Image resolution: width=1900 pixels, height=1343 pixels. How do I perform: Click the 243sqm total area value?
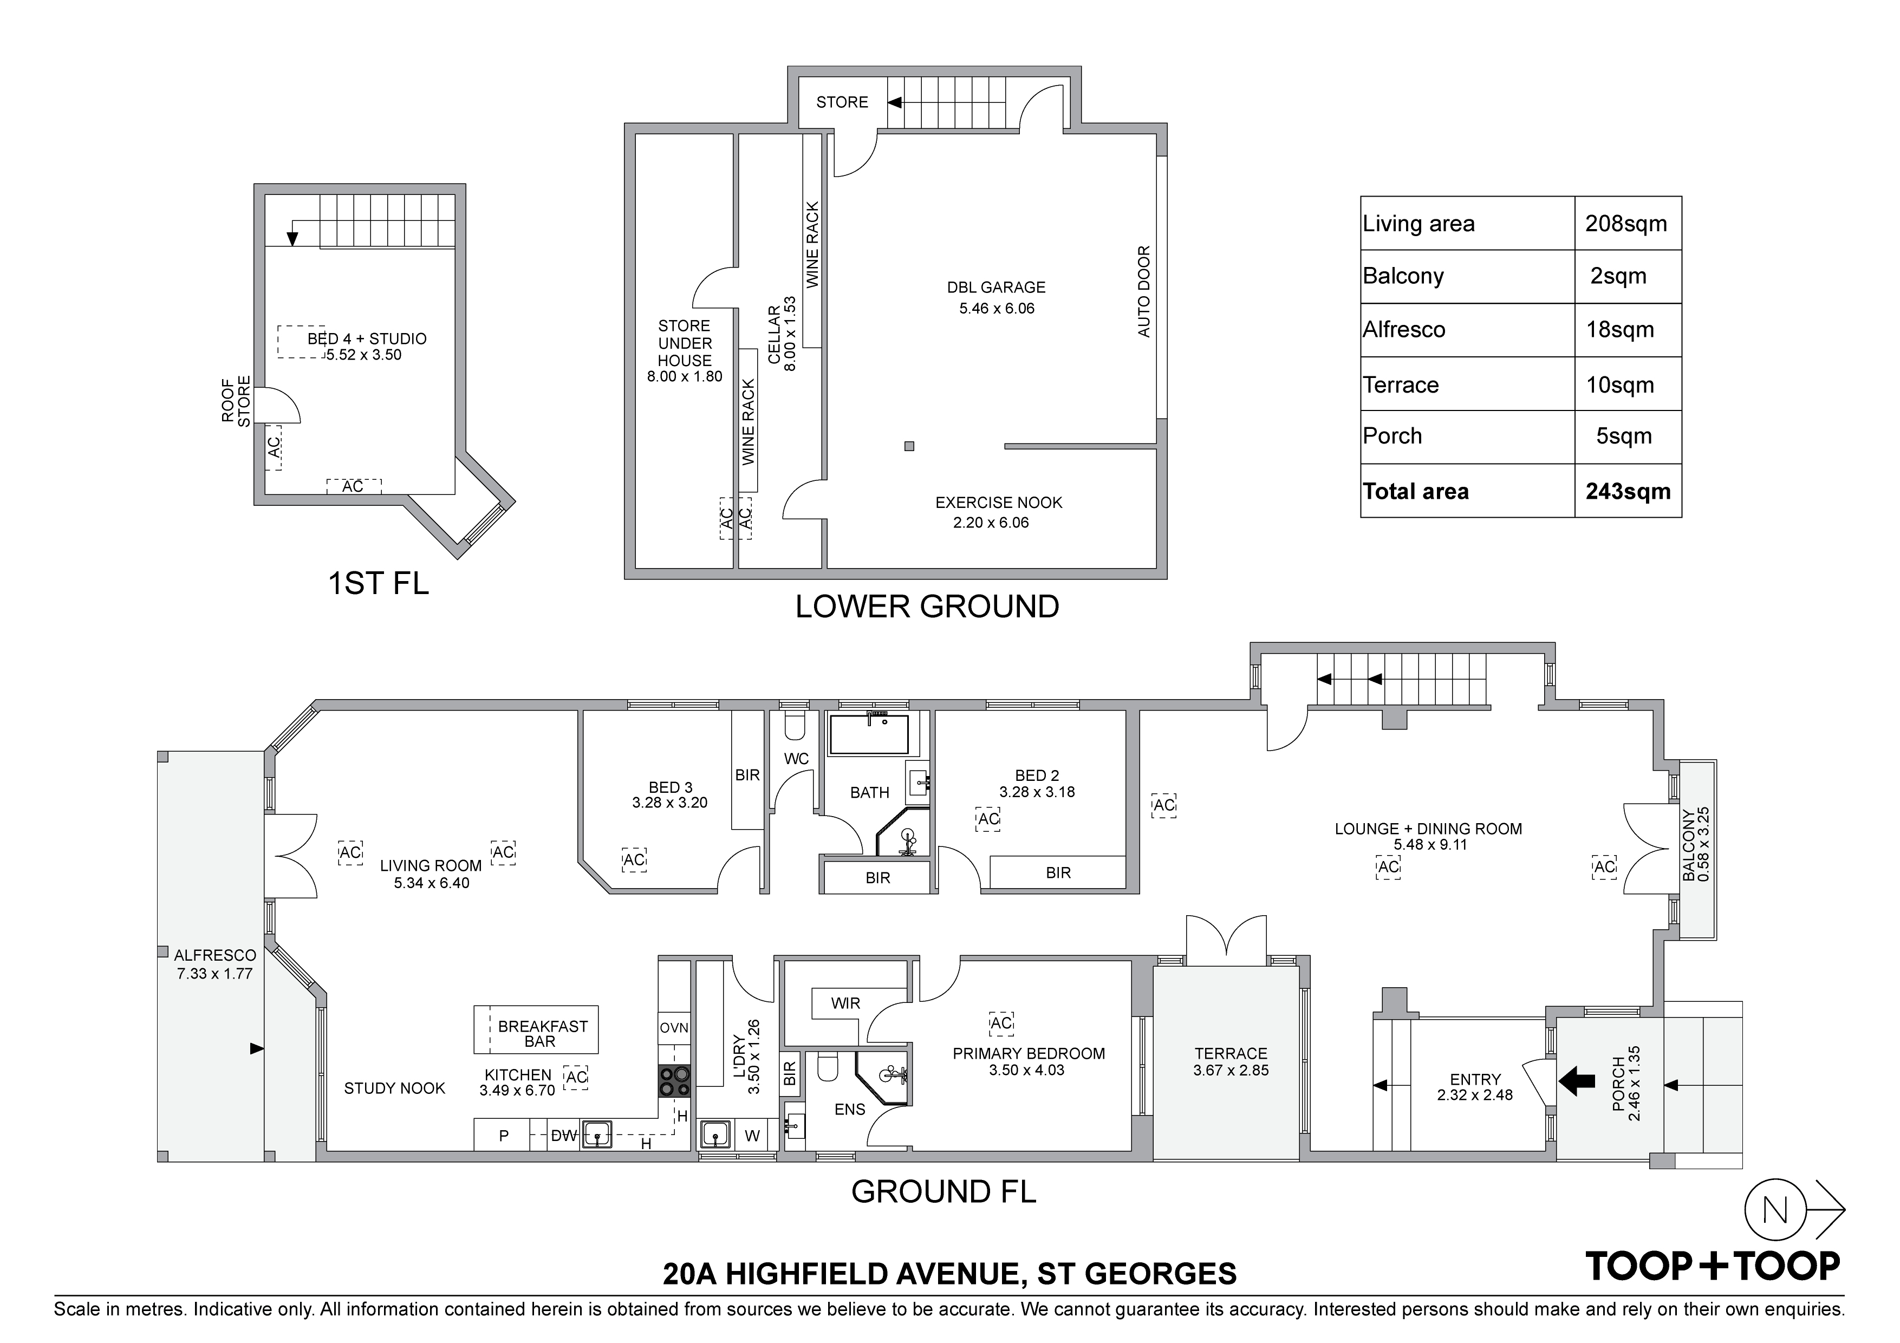tap(1628, 492)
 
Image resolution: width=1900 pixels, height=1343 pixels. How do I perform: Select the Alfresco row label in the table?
tap(1404, 330)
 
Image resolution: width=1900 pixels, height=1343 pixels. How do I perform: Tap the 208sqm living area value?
tap(1626, 224)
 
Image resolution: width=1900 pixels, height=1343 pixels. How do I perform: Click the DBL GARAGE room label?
tap(997, 287)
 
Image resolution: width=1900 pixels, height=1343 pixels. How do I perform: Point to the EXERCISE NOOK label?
tap(999, 503)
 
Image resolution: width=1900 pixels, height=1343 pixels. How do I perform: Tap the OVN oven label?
tap(674, 1028)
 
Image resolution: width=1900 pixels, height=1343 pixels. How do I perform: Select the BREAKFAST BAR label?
tap(542, 1034)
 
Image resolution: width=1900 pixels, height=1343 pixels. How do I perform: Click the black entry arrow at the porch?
tap(1577, 1080)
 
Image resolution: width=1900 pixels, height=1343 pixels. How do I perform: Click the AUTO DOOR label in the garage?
tap(1144, 291)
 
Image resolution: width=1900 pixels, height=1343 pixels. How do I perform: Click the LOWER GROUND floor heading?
tap(927, 607)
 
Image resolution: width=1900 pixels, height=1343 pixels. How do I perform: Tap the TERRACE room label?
tap(1231, 1053)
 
